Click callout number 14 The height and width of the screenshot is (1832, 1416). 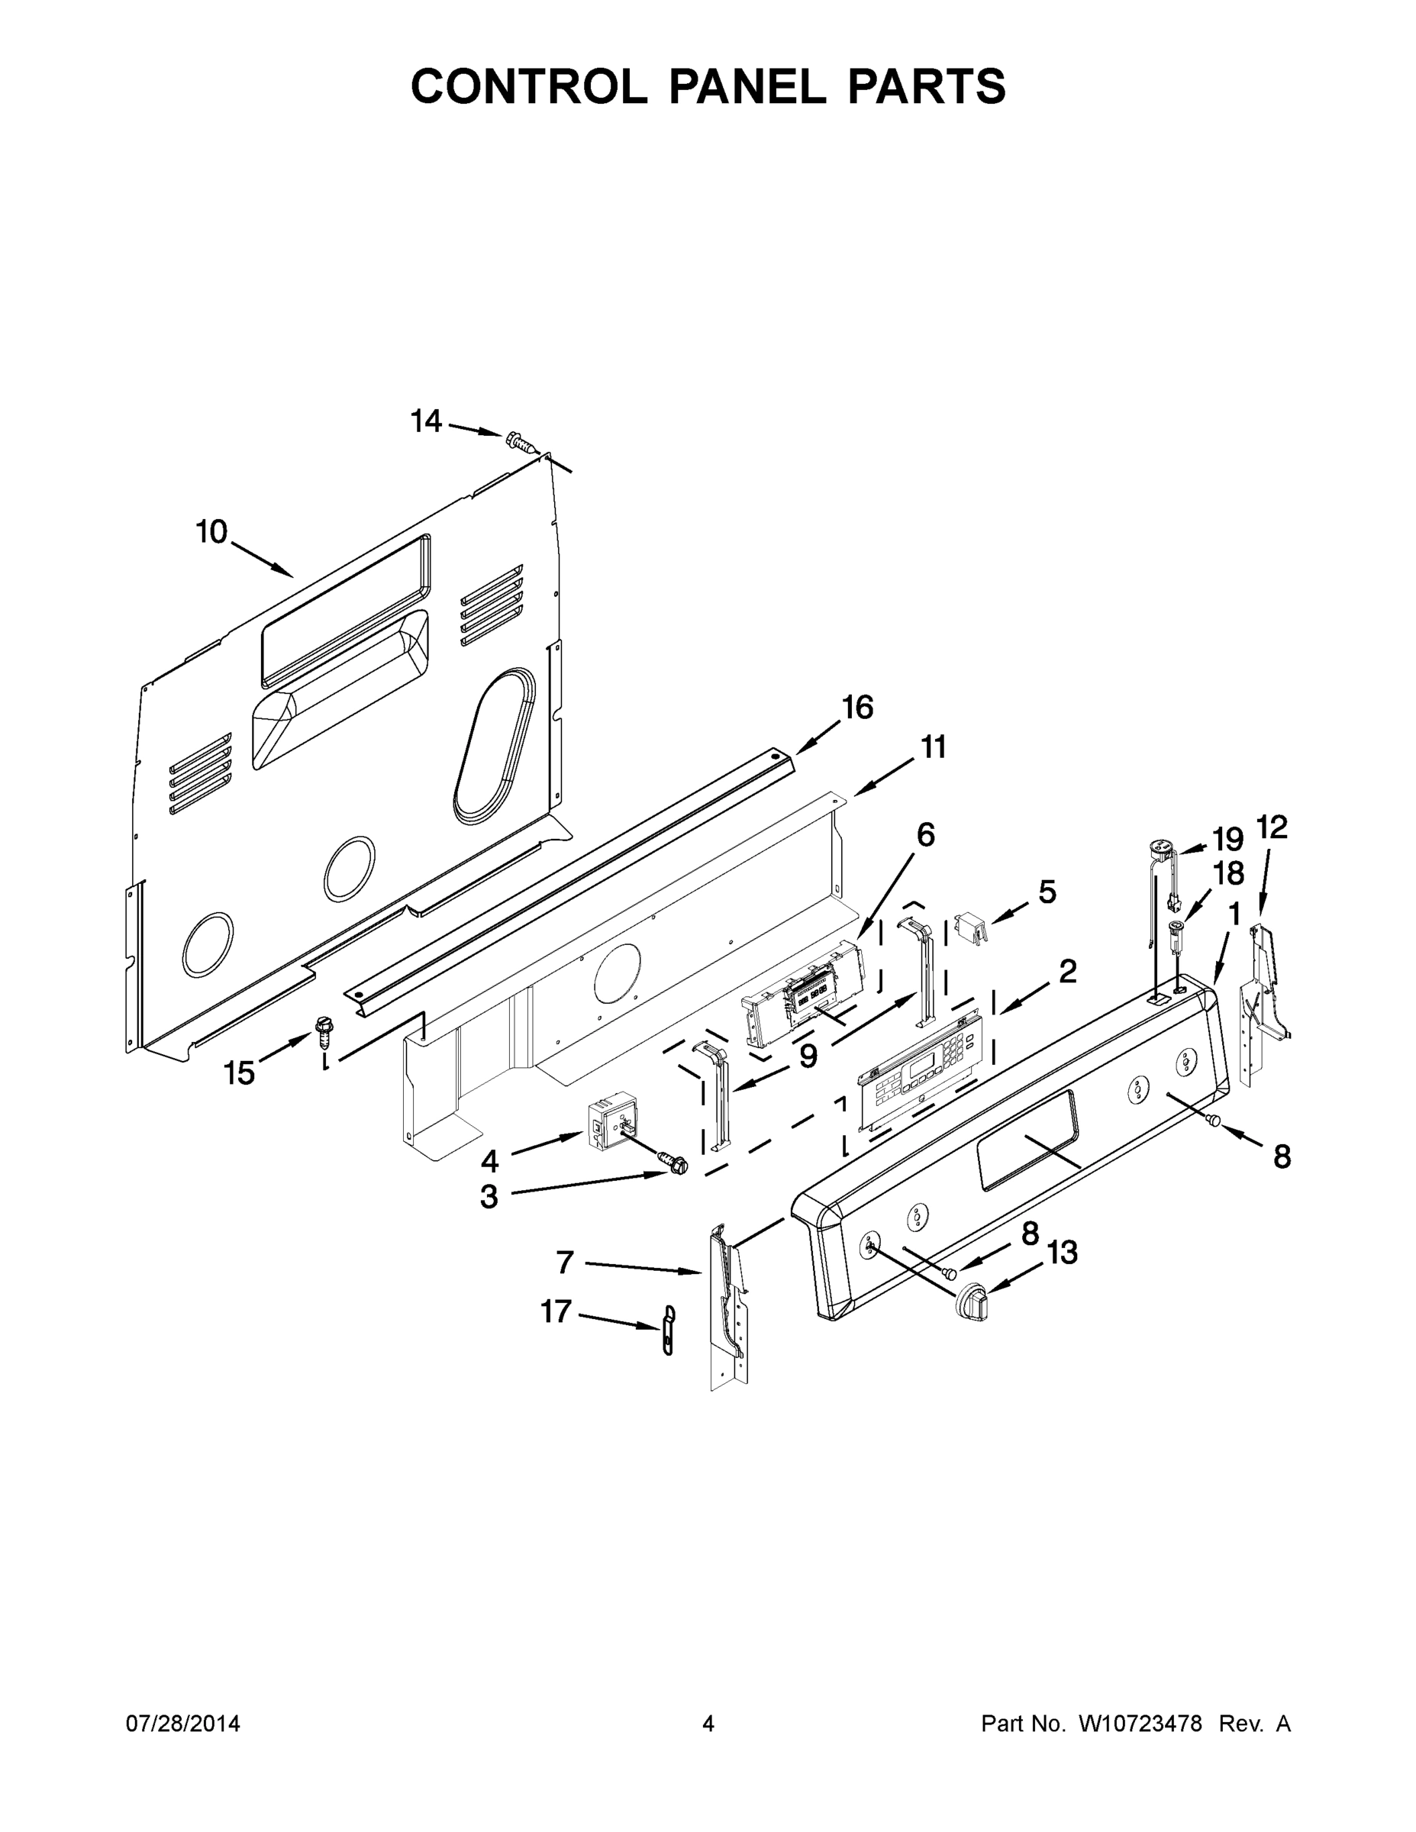click(426, 421)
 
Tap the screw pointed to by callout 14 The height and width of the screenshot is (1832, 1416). click(519, 441)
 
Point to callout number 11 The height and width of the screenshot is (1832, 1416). click(934, 747)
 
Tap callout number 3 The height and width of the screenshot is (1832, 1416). click(489, 1197)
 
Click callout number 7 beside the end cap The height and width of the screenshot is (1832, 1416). click(565, 1262)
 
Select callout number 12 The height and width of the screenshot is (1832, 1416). click(1272, 827)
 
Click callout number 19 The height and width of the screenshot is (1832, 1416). click(1227, 839)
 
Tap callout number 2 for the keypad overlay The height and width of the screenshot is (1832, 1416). click(1067, 972)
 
